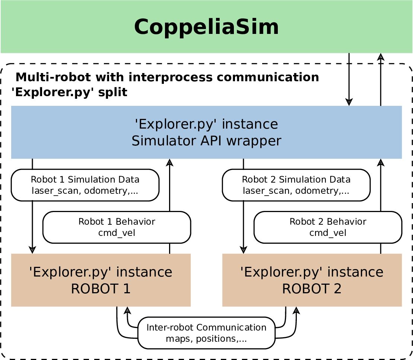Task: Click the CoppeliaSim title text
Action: click(206, 27)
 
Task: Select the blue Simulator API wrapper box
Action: click(206, 132)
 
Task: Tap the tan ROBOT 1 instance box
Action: click(101, 280)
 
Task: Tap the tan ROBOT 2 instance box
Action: click(312, 280)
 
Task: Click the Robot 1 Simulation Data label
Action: click(85, 185)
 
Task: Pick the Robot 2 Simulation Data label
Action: click(296, 185)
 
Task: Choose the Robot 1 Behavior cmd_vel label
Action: click(117, 227)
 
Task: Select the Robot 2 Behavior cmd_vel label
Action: click(328, 227)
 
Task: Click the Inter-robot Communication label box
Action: click(206, 333)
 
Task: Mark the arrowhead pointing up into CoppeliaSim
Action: click(381, 57)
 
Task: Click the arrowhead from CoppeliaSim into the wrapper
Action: click(349, 101)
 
